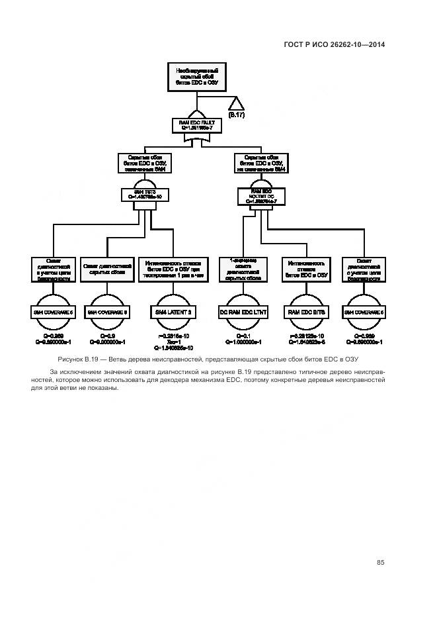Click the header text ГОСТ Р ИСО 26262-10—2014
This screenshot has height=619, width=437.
(334, 45)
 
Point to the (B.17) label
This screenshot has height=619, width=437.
(237, 116)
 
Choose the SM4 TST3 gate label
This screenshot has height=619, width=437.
(143, 195)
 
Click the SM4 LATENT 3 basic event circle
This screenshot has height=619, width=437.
(173, 311)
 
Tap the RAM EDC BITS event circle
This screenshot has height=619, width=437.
(307, 311)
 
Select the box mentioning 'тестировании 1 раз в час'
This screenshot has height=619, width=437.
(173, 269)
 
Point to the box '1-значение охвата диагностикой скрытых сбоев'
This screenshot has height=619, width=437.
(243, 269)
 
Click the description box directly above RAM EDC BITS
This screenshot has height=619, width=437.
(307, 269)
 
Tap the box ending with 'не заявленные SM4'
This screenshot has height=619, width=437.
(260, 163)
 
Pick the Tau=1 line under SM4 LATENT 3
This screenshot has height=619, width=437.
(173, 342)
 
